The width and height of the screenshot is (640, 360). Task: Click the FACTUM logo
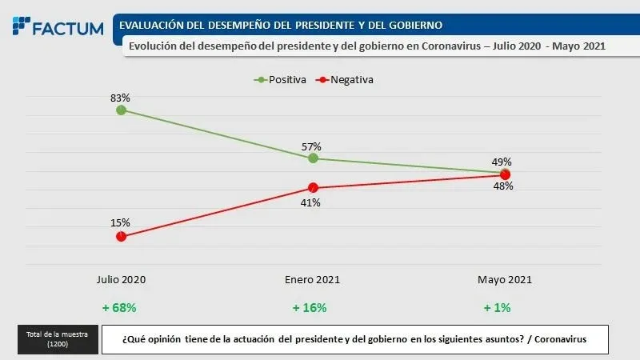[x=58, y=27]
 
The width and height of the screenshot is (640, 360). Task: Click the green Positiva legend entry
[x=275, y=80]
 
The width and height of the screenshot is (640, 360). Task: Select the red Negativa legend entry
[x=346, y=80]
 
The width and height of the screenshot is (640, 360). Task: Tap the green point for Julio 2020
[x=121, y=110]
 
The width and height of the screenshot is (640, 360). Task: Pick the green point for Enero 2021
[x=313, y=158]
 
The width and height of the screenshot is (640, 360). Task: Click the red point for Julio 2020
[x=121, y=236]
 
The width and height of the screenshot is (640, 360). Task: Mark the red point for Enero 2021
[x=313, y=188]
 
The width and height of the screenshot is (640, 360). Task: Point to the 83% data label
[x=121, y=97]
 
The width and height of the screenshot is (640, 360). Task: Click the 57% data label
[x=312, y=146]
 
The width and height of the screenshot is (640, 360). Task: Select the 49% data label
[x=502, y=161]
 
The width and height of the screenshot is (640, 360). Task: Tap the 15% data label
[x=121, y=222]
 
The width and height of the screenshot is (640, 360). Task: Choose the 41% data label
[x=310, y=202]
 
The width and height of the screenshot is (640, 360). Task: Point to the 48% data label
[x=502, y=186]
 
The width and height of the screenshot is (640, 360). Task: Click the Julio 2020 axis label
[x=121, y=279]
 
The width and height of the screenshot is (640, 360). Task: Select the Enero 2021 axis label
[x=313, y=279]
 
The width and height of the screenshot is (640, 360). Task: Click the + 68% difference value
[x=119, y=307]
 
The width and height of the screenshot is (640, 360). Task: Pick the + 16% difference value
[x=310, y=307]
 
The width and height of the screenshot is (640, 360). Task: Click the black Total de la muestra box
[x=57, y=338]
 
